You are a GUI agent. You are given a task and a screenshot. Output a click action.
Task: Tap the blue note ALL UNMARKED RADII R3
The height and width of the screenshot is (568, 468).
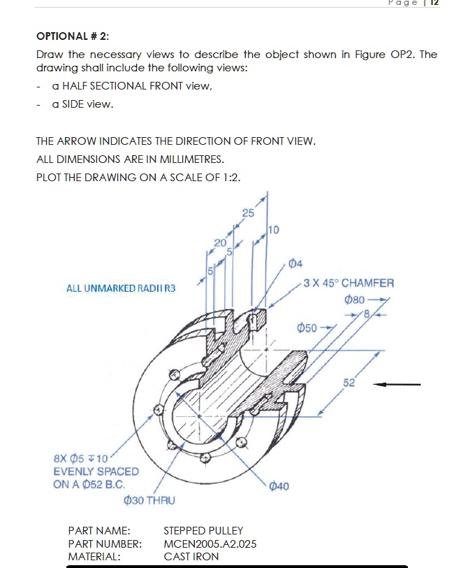pos(121,288)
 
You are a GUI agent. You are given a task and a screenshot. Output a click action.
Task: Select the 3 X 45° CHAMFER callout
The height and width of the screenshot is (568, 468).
pos(349,283)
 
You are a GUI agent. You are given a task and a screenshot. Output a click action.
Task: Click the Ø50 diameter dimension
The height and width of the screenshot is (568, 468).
pos(308,327)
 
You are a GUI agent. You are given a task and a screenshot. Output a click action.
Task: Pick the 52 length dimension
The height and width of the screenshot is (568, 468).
pos(349,382)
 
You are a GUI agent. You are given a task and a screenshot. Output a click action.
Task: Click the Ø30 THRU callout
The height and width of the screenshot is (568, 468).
pos(149,500)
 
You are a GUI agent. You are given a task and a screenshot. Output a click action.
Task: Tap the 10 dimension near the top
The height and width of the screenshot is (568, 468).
pos(272,229)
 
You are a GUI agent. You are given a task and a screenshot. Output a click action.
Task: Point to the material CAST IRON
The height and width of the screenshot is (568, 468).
pos(191,556)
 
